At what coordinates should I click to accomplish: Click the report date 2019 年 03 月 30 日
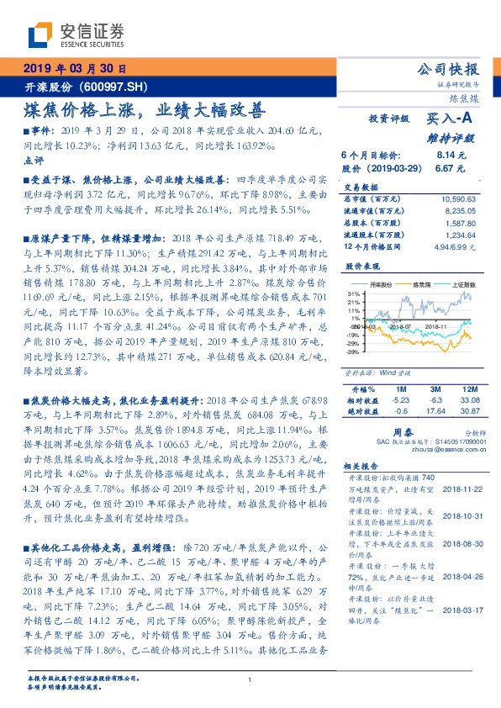click(x=74, y=68)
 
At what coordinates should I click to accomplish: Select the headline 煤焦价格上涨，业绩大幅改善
click(x=143, y=110)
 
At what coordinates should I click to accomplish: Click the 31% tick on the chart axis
click(x=354, y=293)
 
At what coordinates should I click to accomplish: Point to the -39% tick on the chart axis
click(x=353, y=352)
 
